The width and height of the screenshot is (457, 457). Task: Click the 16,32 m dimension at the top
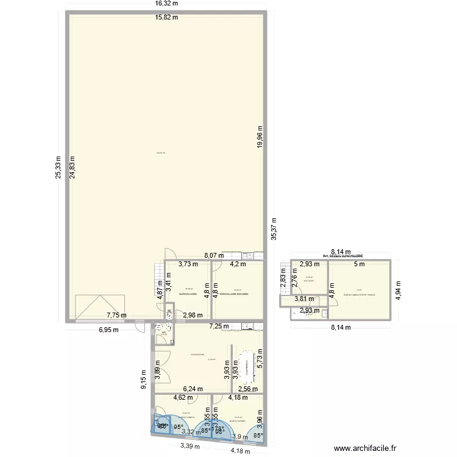point(166,4)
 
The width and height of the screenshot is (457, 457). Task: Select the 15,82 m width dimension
point(166,17)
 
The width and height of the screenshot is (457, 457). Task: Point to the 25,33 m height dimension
point(58,166)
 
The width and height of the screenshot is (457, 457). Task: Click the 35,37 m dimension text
point(274,230)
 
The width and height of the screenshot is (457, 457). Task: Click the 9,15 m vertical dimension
point(144,380)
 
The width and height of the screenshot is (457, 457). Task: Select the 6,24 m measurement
point(193,388)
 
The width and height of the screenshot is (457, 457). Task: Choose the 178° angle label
point(217,429)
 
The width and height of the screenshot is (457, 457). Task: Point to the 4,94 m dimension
point(400,288)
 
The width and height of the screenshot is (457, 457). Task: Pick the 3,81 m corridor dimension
point(305,299)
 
